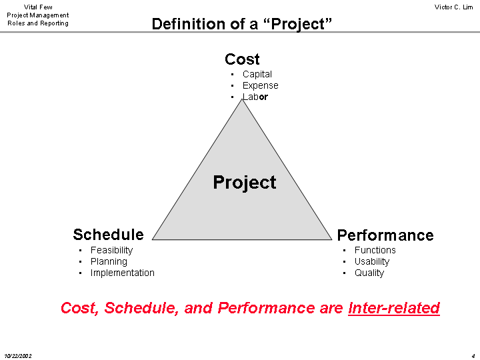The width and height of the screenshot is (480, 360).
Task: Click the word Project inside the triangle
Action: (245, 183)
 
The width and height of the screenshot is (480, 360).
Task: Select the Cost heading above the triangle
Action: (242, 59)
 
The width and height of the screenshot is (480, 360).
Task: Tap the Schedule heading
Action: (109, 235)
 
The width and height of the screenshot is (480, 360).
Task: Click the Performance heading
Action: (385, 235)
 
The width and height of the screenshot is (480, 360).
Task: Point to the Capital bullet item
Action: (257, 74)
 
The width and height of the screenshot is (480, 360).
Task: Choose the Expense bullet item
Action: (261, 85)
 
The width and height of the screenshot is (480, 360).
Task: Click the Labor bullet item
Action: (255, 97)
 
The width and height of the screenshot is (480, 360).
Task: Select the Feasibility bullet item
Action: (112, 251)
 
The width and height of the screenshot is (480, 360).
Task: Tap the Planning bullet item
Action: (109, 262)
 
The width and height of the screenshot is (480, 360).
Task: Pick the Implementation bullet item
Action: (123, 273)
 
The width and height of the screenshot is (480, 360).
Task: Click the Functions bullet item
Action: (375, 250)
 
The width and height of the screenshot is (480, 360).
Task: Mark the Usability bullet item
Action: (372, 262)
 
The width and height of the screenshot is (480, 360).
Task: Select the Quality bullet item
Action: (369, 273)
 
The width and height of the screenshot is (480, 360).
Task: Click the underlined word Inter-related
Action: (394, 308)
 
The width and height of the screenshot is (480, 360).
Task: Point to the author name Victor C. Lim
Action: (454, 7)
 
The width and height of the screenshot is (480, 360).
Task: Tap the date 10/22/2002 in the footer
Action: (18, 356)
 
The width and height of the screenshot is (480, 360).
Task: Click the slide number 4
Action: (473, 356)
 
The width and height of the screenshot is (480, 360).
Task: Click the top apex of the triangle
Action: (242, 99)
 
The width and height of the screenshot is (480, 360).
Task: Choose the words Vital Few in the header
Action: (38, 7)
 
